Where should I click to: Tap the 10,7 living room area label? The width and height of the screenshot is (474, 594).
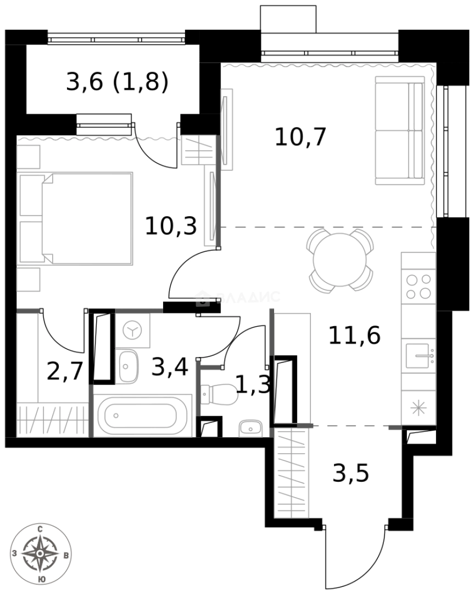pos(300,136)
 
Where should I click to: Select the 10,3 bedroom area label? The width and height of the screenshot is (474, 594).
pos(170,226)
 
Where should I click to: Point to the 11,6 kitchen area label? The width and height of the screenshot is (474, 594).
pos(354,335)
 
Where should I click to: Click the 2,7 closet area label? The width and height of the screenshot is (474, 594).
pos(65,371)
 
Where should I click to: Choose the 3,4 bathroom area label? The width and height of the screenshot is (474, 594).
pos(169,367)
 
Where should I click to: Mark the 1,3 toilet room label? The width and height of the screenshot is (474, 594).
pos(253,384)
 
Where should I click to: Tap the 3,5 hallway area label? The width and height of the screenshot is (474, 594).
pos(350,472)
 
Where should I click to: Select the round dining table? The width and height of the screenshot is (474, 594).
pos(341,260)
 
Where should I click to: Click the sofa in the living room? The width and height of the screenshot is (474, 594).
pos(400,130)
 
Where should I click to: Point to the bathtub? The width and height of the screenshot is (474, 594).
pos(142,416)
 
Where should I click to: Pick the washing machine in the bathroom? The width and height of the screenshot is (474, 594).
pos(132,331)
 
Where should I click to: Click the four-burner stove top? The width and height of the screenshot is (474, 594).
pos(419,286)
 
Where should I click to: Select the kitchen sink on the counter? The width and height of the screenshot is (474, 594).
pos(419,356)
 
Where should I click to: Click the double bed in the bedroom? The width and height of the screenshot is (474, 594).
pos(77,218)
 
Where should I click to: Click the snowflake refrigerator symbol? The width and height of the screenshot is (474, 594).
pos(419,408)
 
